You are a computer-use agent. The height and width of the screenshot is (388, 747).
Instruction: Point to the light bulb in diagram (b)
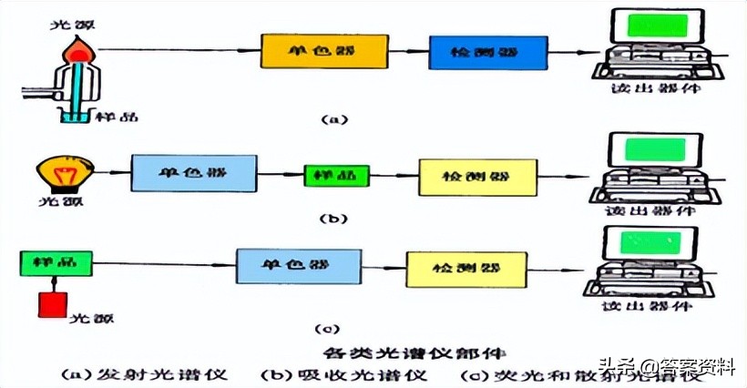(x=59, y=171)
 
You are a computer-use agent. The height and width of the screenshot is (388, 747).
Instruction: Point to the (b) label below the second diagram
(x=334, y=218)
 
